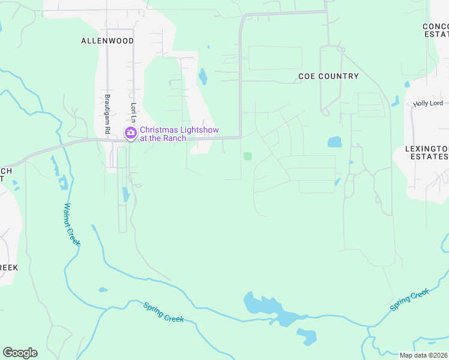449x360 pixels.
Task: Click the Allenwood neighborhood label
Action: coord(107,41)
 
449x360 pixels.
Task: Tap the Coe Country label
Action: coord(328,76)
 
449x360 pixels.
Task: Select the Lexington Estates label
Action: coord(427,152)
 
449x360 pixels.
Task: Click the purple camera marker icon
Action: coord(130,133)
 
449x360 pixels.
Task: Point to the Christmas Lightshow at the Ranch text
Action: coord(179,134)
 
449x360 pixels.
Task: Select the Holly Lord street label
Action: coord(427,104)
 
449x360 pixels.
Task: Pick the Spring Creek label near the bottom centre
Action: coord(163,312)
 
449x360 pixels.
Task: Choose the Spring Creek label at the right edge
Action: coord(410,299)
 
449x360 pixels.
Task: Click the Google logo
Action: coord(20,353)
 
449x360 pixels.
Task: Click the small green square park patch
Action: coord(247,156)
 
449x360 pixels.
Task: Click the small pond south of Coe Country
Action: coord(334,142)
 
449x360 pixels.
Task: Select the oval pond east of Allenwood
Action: coord(203,76)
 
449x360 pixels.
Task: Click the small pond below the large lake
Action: coord(309,337)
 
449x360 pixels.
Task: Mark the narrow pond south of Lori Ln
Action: coord(125,194)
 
